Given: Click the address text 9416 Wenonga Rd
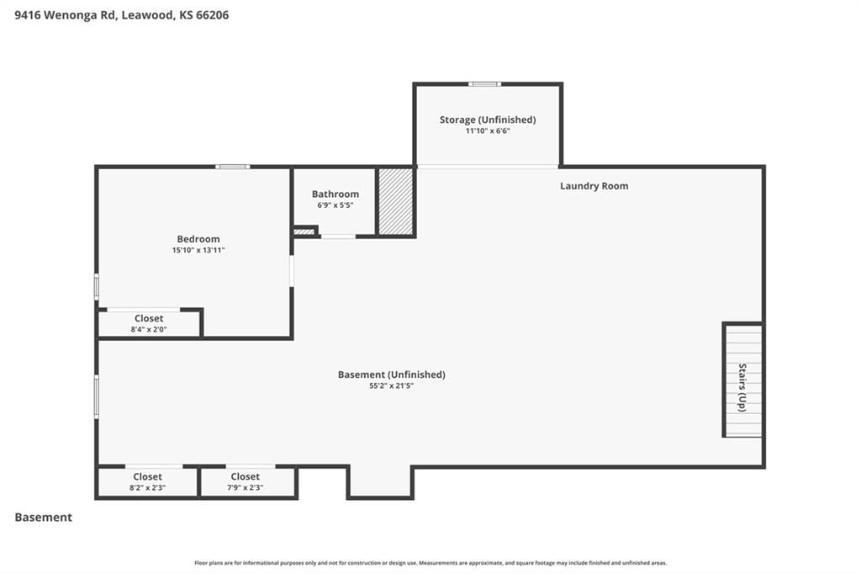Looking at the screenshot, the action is pos(66,15).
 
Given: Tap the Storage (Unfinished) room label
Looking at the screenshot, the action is pos(488,120).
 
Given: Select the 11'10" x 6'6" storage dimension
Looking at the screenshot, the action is pos(488,130).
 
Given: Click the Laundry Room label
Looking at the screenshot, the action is pos(594,186).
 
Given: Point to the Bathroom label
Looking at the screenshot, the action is pos(335,194).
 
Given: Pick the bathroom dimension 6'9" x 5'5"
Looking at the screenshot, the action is pos(335,205).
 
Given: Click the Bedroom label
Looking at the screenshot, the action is pos(198,239).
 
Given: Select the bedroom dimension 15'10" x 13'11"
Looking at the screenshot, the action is pos(198,250).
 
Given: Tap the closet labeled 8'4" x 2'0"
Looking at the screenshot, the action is pos(149,323).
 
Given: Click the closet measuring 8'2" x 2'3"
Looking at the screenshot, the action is pos(147,481).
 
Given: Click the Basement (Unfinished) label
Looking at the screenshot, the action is pos(392,375).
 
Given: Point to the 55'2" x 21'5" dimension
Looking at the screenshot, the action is pos(392,386).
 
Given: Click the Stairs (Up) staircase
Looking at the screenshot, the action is pos(743,380).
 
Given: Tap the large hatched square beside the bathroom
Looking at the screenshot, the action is pos(396,201).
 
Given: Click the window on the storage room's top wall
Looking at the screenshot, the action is pos(485,84).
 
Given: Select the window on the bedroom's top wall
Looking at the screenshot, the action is pos(232,167).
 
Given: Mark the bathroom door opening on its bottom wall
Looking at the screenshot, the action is pos(338,237).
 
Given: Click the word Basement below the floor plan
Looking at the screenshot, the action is pos(44,518).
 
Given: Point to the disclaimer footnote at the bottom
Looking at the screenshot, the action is pos(430,563).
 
